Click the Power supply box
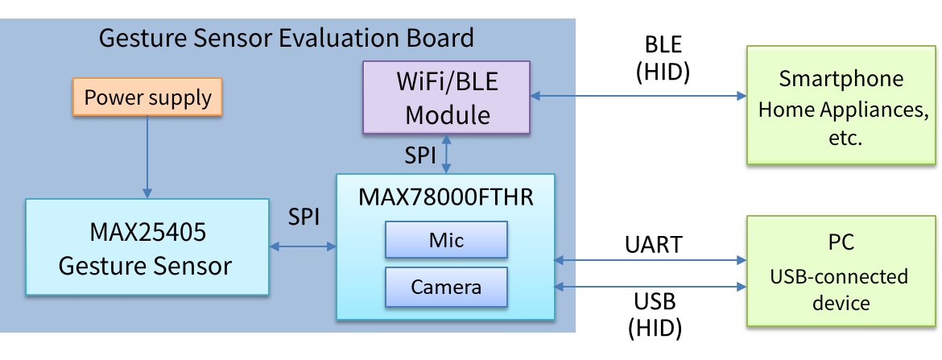pos(148,98)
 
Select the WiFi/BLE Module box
pos(447,97)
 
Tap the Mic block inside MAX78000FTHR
pos(447,240)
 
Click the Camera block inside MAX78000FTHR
pos(447,287)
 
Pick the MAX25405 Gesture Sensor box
pos(147,247)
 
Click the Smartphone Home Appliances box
pos(842,106)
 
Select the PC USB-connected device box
pos(842,271)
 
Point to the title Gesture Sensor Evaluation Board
pos(286,38)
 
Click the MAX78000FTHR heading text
pos(446,197)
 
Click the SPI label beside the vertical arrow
pos(420,155)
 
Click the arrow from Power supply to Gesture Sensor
pos(147,157)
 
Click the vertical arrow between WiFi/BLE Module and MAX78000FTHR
pos(447,153)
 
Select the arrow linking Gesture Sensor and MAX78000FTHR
pos(303,247)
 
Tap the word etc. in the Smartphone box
pos(842,139)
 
